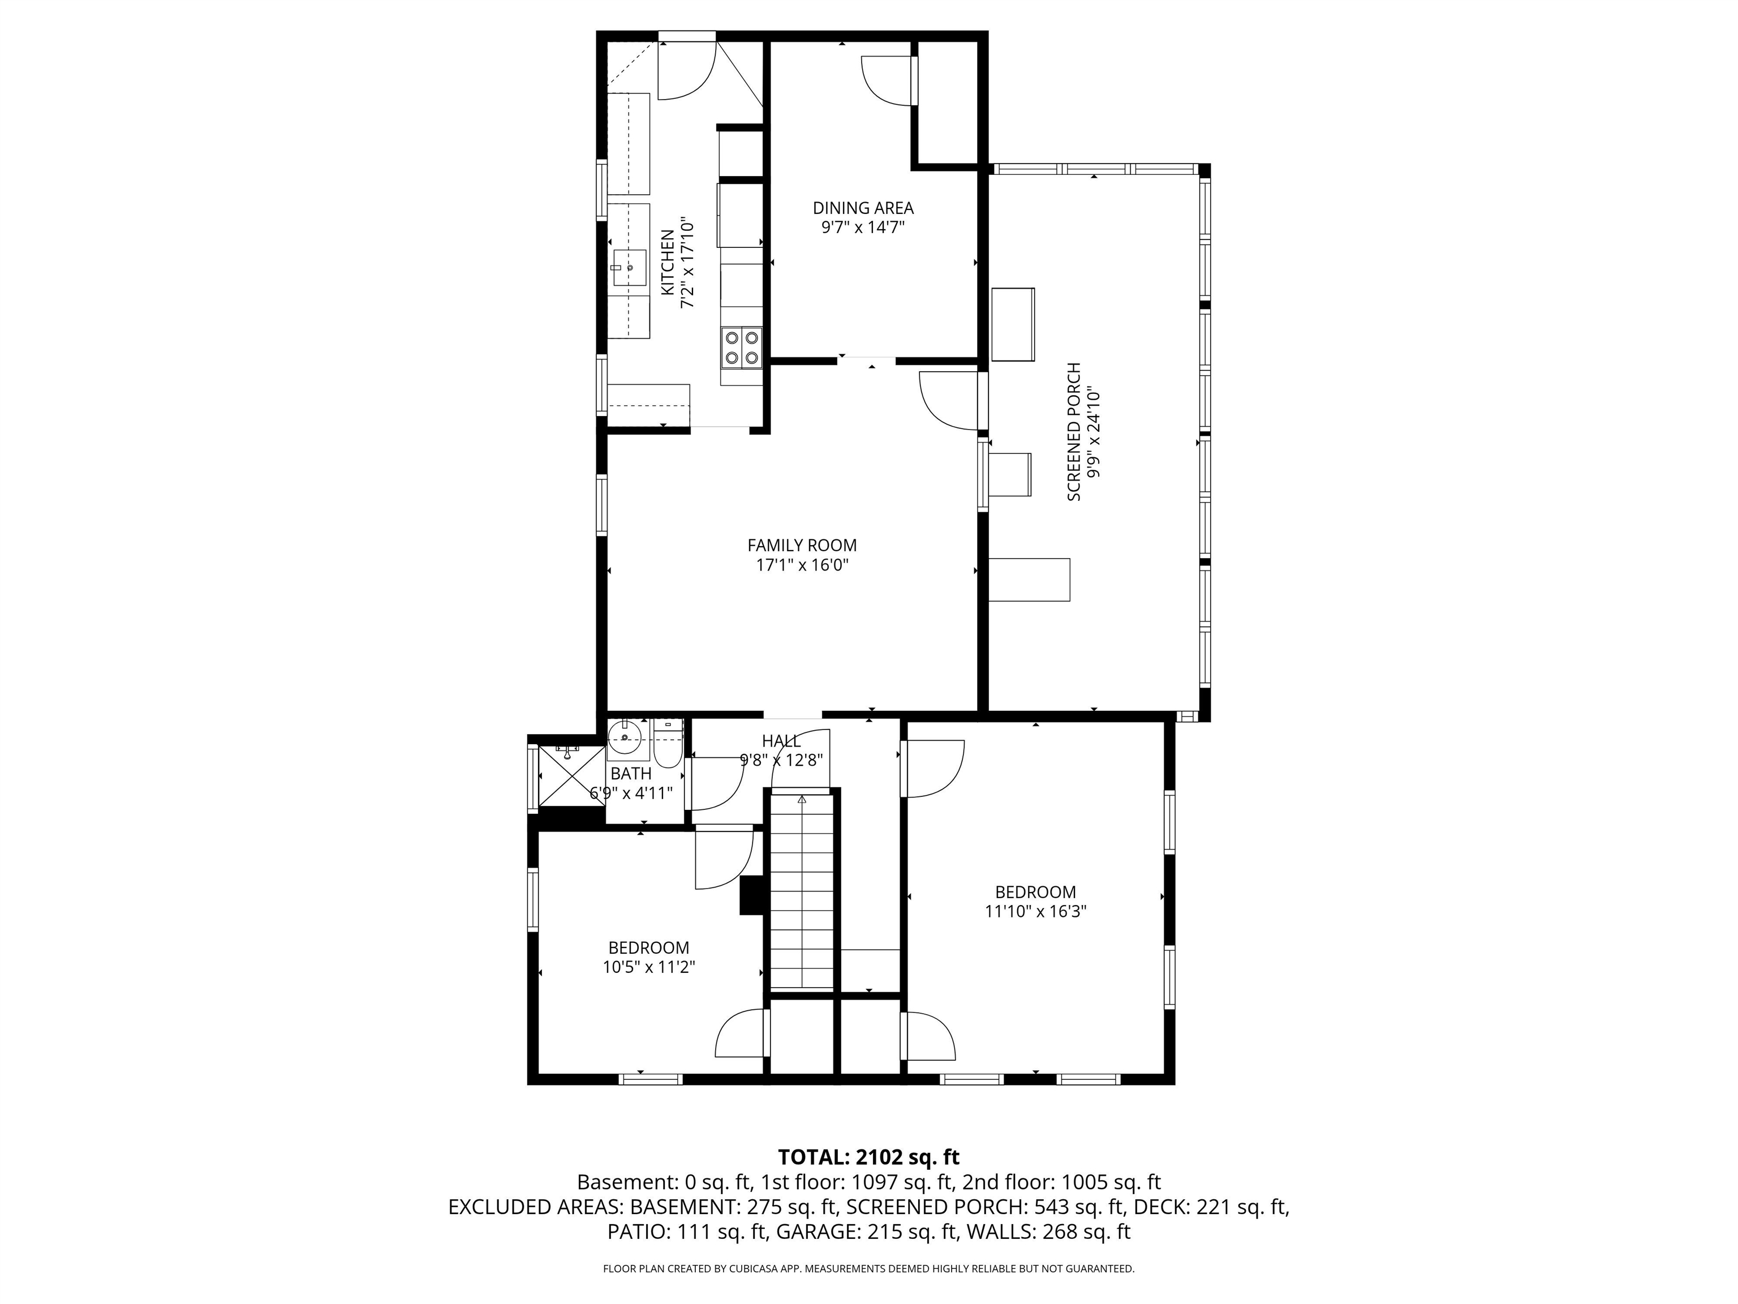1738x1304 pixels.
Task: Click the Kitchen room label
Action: pos(667,263)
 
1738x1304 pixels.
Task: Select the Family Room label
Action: pos(802,544)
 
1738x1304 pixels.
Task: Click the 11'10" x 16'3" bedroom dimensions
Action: pos(1035,912)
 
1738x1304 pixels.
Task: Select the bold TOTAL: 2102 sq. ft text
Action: pos(868,1157)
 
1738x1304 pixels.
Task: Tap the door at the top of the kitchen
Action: pos(686,69)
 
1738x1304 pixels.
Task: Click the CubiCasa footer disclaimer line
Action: pos(868,1269)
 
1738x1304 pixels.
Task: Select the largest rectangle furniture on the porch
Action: pos(1029,580)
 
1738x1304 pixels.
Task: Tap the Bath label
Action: pos(631,774)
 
